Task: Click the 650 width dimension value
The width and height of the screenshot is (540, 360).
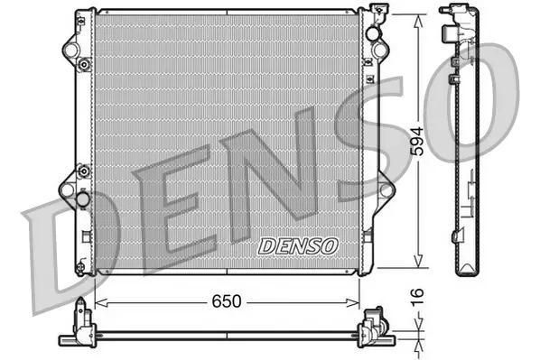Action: pos(227,302)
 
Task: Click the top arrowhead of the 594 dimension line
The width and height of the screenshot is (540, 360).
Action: pos(417,15)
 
